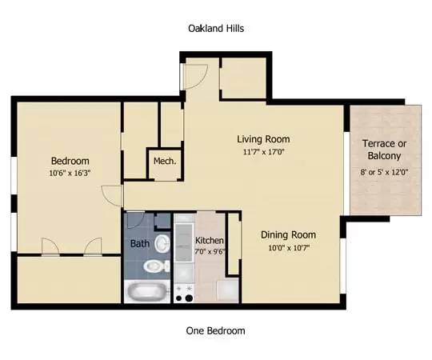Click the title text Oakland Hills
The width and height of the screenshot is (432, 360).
[215, 28]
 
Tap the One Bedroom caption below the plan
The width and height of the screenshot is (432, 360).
[215, 330]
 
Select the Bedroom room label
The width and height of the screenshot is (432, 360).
[70, 160]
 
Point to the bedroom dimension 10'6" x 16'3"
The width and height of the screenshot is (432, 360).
[70, 172]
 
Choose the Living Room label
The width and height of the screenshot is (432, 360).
[262, 138]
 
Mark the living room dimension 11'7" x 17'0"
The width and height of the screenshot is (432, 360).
[262, 151]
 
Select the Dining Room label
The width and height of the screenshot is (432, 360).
[288, 234]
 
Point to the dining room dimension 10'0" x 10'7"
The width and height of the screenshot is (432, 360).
[288, 247]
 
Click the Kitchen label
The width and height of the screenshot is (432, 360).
[210, 240]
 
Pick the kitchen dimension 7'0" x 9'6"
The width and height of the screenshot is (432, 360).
[210, 250]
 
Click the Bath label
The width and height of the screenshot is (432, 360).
[139, 243]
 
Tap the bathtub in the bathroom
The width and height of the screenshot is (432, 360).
[148, 291]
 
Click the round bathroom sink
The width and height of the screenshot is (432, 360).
[162, 242]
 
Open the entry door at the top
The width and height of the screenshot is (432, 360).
[194, 76]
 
